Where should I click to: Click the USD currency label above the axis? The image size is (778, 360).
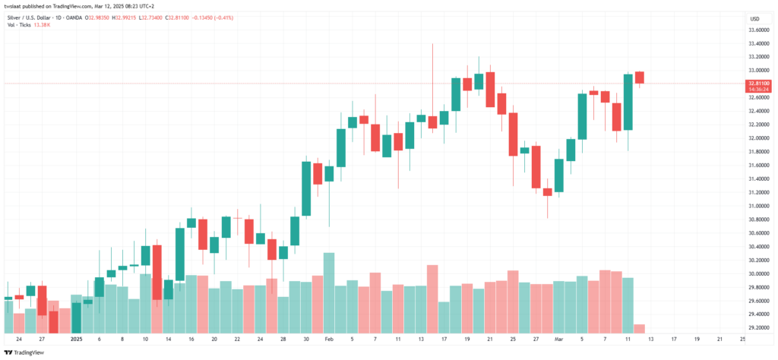[x=754, y=18]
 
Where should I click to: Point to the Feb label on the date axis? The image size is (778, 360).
[x=328, y=339]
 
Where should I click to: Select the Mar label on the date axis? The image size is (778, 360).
[x=558, y=339]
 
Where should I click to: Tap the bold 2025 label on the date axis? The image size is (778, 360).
[x=75, y=339]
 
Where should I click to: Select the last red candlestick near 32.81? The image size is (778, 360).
[x=640, y=77]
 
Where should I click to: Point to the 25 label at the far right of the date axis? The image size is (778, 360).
[x=742, y=339]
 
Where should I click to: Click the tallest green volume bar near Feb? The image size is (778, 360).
[x=328, y=292]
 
